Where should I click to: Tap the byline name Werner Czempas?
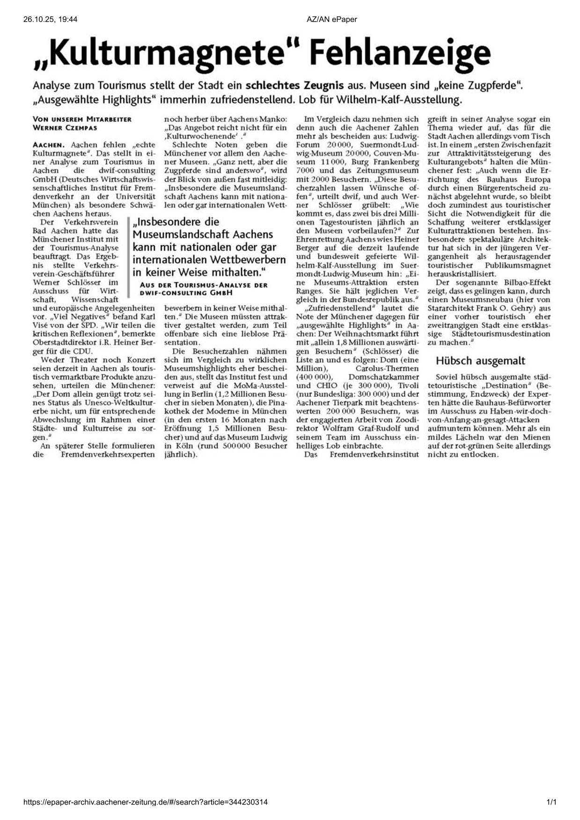pyautogui.click(x=65, y=127)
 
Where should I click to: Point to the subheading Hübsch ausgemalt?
pyautogui.click(x=480, y=361)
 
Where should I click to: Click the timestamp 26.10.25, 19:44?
pyautogui.click(x=50, y=19)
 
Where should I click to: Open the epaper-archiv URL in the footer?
pyautogui.click(x=146, y=802)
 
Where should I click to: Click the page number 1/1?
pyautogui.click(x=551, y=802)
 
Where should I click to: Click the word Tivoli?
pyautogui.click(x=407, y=385)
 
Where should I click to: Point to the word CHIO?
pyautogui.click(x=327, y=385)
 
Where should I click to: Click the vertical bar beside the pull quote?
pyautogui.click(x=128, y=257)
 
